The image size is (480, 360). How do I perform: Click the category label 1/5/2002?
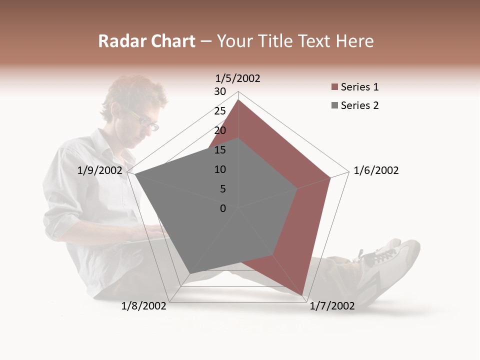(238, 78)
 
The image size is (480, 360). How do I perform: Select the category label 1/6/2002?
(376, 170)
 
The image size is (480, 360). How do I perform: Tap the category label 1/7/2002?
(332, 306)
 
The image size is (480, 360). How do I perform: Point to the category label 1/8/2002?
(144, 306)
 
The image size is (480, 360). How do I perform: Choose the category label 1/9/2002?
(100, 170)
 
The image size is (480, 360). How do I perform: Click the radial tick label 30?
(220, 91)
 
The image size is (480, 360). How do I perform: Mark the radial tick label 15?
(220, 150)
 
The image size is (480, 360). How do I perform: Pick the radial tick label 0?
(223, 208)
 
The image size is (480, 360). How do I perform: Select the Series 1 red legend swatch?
(335, 87)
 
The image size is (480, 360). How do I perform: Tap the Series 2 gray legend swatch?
(335, 105)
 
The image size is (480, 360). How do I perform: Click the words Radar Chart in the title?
(146, 41)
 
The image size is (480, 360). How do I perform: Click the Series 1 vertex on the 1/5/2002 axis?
(238, 99)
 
